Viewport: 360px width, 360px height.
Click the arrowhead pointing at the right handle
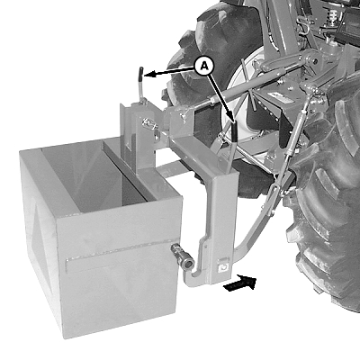point(231,116)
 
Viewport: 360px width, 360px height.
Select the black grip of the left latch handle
point(140,74)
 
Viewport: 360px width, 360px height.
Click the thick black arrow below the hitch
point(240,283)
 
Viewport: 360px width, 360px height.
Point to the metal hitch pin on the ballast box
point(182,256)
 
